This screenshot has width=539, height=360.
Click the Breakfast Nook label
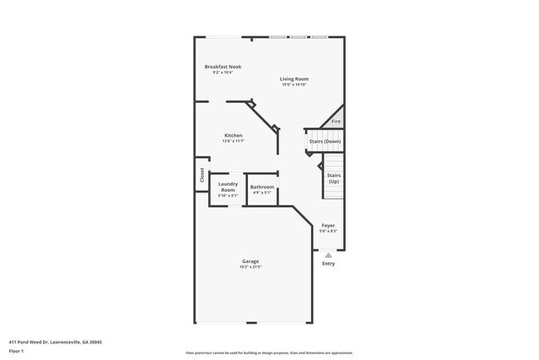coord(222,66)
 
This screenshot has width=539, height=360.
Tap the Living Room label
coord(294,79)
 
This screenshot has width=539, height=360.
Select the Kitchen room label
coord(233,135)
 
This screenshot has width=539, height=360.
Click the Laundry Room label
coord(228,187)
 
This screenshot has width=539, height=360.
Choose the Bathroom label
coord(262,187)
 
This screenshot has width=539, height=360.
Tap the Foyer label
coord(328,226)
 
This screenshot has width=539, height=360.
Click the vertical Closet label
coord(202,176)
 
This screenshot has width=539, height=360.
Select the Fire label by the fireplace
coord(336,122)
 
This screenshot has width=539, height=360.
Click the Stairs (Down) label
coord(325,142)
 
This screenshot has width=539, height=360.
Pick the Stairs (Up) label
coord(333,178)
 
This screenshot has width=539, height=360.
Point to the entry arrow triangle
coord(328,255)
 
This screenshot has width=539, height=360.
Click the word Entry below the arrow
coord(328,264)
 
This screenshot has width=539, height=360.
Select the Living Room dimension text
coord(294,85)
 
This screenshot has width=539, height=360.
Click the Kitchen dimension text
coord(233,141)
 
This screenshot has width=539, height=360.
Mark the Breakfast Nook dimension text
coord(222,72)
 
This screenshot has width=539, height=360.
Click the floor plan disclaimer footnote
coord(269,353)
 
